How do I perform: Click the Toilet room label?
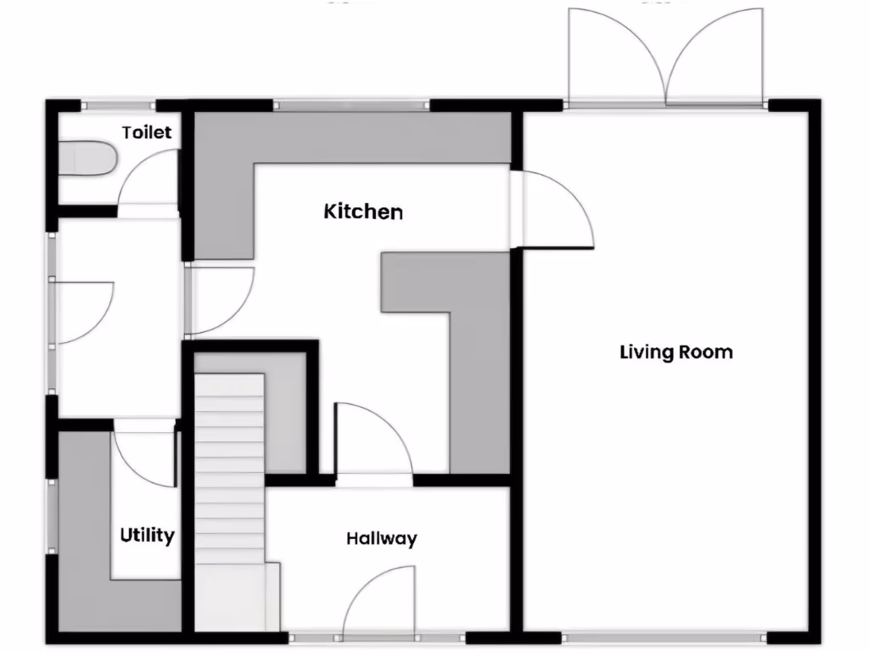pyautogui.click(x=147, y=132)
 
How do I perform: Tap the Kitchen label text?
pyautogui.click(x=363, y=211)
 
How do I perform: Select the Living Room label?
pyautogui.click(x=676, y=351)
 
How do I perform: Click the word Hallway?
pyautogui.click(x=381, y=538)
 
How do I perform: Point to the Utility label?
pyautogui.click(x=147, y=536)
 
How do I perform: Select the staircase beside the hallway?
pyautogui.click(x=230, y=501)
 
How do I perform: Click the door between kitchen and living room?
pyautogui.click(x=552, y=208)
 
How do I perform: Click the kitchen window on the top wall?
pyautogui.click(x=351, y=106)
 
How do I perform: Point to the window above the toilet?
pyautogui.click(x=118, y=106)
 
